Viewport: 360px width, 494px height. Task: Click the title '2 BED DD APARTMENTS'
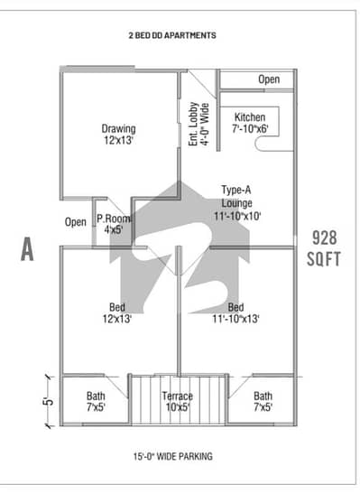pyautogui.click(x=172, y=36)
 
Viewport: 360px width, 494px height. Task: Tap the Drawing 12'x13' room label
pyautogui.click(x=118, y=134)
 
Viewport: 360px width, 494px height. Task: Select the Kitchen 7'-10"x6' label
pyautogui.click(x=250, y=124)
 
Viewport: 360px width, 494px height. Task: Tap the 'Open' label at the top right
pyautogui.click(x=269, y=79)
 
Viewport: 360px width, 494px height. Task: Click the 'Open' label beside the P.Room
pyautogui.click(x=76, y=221)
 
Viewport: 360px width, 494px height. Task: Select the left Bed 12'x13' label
pyautogui.click(x=118, y=312)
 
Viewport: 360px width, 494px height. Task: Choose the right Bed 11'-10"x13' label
pyautogui.click(x=235, y=312)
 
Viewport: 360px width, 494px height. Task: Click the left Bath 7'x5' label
pyautogui.click(x=96, y=401)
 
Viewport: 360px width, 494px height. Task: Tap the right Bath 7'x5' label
pyautogui.click(x=263, y=401)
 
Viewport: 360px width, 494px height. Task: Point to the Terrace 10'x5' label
pyautogui.click(x=178, y=401)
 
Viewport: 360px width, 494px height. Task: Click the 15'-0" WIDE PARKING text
pyautogui.click(x=178, y=456)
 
